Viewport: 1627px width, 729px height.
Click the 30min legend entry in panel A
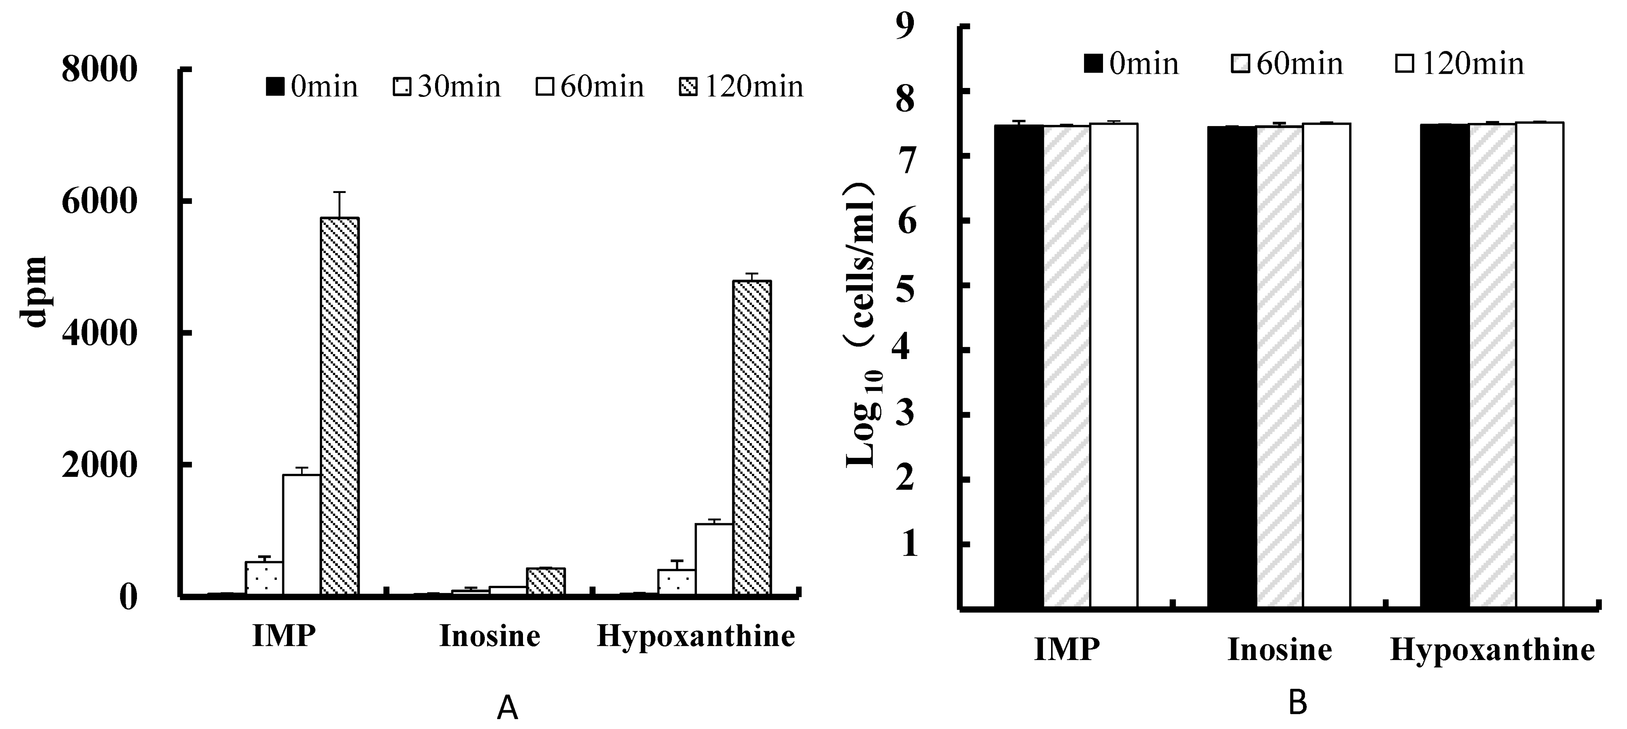(x=447, y=87)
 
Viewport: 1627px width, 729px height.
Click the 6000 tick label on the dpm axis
(x=100, y=203)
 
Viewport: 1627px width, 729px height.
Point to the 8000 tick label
(x=100, y=70)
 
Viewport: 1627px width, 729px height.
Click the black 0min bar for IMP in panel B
(x=1019, y=367)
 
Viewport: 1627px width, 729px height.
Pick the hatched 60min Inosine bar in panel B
(x=1279, y=367)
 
